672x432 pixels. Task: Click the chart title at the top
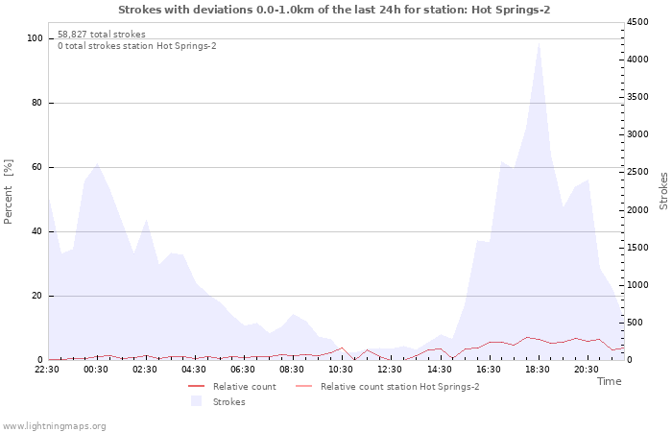[334, 10]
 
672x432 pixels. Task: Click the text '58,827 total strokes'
[102, 35]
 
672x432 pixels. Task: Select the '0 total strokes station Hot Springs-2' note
[136, 46]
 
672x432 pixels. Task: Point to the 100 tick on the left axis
[35, 38]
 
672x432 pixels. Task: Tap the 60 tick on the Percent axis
[36, 167]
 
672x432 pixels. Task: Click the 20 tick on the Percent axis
[36, 296]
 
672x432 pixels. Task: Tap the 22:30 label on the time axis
[48, 369]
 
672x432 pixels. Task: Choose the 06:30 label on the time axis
[244, 369]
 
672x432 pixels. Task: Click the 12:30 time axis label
[390, 369]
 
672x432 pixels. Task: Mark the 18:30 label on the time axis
[537, 369]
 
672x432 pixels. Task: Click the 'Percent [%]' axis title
[9, 192]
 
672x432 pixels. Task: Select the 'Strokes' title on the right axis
[663, 190]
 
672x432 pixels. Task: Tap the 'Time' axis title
[609, 381]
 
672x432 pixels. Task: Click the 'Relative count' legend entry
[244, 387]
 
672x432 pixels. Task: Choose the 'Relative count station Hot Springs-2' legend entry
[399, 387]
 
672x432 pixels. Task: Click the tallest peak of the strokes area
[539, 44]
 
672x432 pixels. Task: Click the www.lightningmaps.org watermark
[54, 425]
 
